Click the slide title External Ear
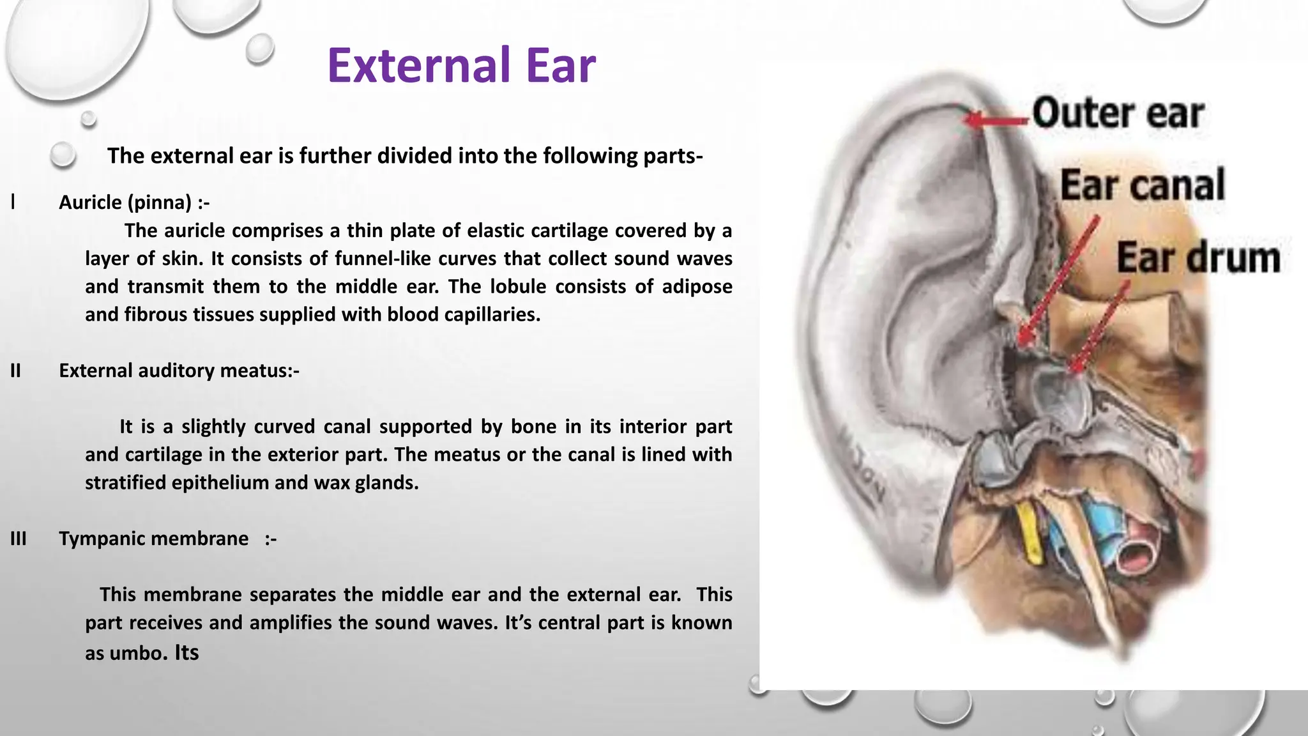point(461,65)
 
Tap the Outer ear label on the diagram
point(1118,114)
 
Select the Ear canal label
point(1142,185)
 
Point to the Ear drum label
point(1198,258)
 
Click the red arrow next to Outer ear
point(996,119)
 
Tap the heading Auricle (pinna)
point(134,203)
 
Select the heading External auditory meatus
point(179,371)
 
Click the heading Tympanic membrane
point(153,539)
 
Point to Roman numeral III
point(18,539)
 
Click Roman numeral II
point(15,371)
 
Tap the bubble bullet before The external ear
point(63,155)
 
